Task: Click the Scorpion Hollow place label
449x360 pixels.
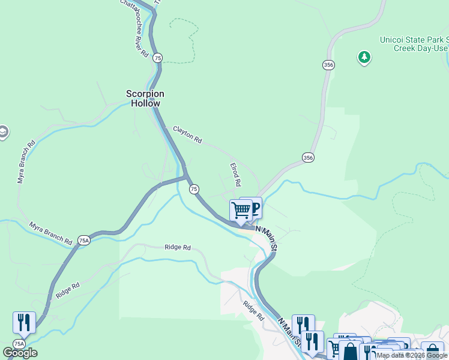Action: pyautogui.click(x=145, y=98)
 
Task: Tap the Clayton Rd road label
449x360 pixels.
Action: pyautogui.click(x=187, y=134)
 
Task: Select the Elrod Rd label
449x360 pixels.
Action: pyautogui.click(x=236, y=174)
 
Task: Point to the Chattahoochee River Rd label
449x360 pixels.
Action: pyautogui.click(x=134, y=28)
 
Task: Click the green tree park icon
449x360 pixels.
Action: pyautogui.click(x=364, y=58)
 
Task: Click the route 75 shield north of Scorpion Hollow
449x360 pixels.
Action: pyautogui.click(x=157, y=58)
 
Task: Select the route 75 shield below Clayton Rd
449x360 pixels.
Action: pyautogui.click(x=194, y=189)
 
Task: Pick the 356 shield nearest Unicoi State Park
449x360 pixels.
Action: pyautogui.click(x=328, y=65)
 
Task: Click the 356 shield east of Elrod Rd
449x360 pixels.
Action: pyautogui.click(x=308, y=157)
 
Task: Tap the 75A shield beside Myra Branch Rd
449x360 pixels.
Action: pyautogui.click(x=83, y=241)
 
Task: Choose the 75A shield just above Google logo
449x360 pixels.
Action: pyautogui.click(x=19, y=344)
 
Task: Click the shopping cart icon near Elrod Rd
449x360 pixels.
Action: pyautogui.click(x=241, y=211)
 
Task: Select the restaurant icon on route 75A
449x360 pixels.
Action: pyautogui.click(x=24, y=322)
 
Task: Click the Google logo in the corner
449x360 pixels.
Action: pyautogui.click(x=20, y=353)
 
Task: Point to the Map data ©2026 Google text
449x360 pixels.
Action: pyautogui.click(x=412, y=355)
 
